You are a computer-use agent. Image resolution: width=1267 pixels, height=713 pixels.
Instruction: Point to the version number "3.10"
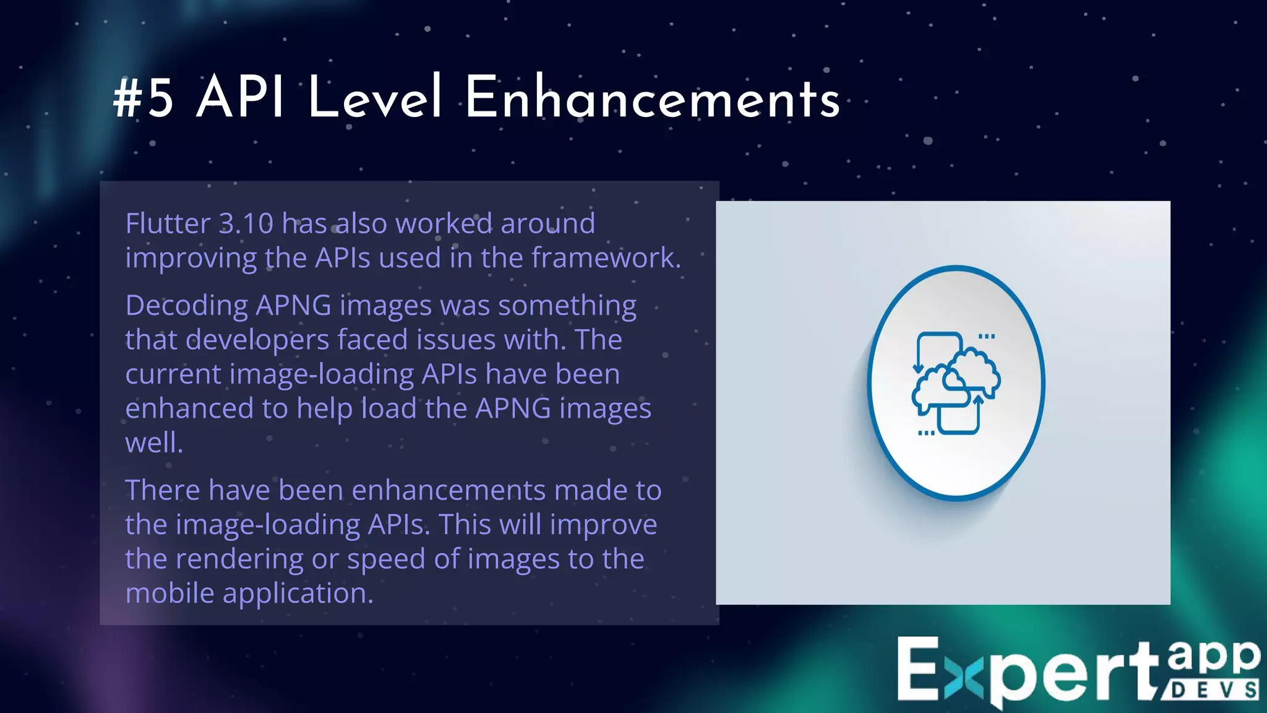(246, 223)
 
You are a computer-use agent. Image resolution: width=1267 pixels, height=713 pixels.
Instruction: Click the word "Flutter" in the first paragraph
(168, 223)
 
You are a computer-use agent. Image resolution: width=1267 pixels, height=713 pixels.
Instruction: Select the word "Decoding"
(186, 306)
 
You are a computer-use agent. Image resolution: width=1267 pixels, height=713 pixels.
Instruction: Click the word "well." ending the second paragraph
(154, 443)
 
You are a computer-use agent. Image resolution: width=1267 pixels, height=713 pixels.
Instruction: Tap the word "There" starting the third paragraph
(163, 490)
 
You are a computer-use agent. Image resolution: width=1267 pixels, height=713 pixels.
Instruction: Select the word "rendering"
(239, 559)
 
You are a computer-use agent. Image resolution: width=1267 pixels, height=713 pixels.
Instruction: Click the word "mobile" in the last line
(170, 593)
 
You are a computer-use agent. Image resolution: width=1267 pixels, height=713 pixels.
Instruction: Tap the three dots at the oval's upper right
(987, 337)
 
